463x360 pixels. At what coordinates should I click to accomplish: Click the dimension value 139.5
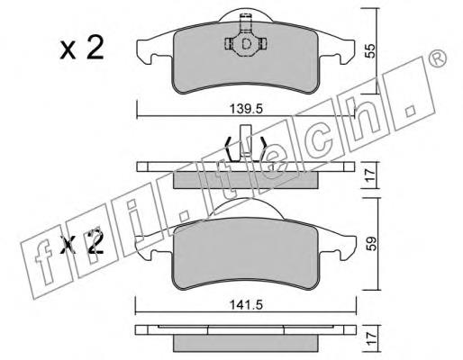(246, 109)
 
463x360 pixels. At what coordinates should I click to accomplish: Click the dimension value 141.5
(246, 305)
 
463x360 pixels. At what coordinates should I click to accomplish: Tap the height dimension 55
(371, 51)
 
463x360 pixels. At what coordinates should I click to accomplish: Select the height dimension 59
(371, 244)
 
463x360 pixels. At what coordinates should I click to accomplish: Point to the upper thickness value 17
(371, 175)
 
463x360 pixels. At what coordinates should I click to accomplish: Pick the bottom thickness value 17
(371, 338)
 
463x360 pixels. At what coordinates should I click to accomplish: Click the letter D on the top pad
(246, 44)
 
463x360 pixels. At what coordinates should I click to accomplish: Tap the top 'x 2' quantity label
(82, 48)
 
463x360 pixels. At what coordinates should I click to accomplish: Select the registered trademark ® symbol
(437, 58)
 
